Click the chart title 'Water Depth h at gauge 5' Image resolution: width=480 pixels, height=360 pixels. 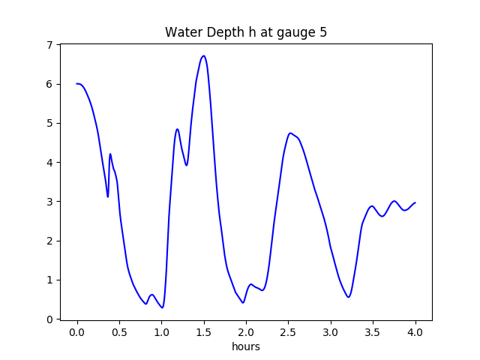[x=246, y=33]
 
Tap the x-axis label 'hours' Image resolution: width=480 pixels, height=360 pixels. [x=246, y=347]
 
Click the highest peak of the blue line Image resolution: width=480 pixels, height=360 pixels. [x=203, y=55]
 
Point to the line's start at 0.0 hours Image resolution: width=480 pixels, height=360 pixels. [x=77, y=84]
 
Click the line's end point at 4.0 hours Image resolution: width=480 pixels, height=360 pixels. [x=415, y=202]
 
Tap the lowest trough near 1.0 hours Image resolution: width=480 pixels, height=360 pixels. [x=162, y=307]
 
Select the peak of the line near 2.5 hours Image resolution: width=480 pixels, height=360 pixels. [x=290, y=133]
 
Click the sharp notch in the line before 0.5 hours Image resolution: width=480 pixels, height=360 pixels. [x=108, y=196]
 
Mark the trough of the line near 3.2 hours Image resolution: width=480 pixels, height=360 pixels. [x=349, y=297]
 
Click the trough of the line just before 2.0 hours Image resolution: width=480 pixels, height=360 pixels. [x=243, y=302]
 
